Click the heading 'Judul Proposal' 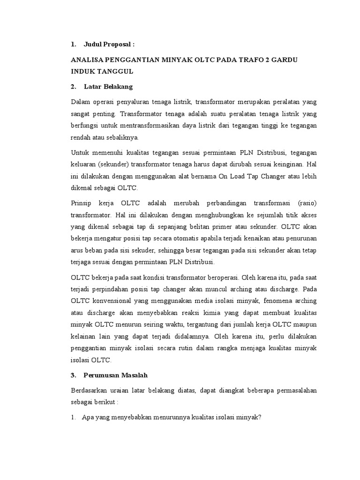(109, 45)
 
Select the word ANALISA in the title (88, 60)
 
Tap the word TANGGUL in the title (115, 71)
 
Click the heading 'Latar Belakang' (108, 87)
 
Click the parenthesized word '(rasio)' (307, 203)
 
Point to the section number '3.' (74, 375)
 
